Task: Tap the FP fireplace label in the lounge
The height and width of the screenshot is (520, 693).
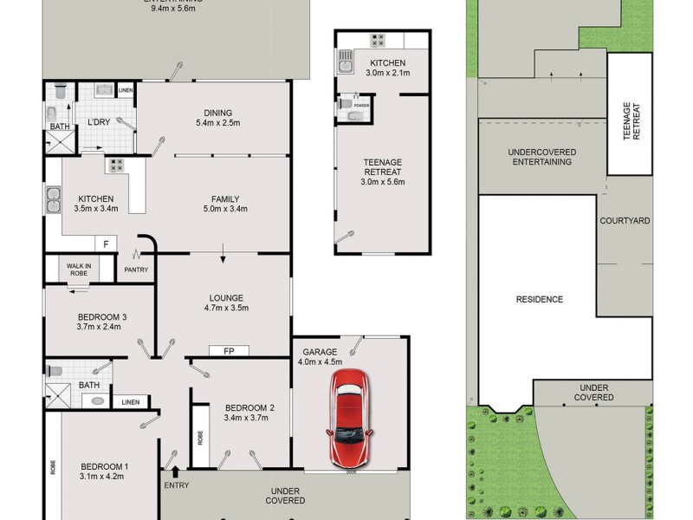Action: [229, 351]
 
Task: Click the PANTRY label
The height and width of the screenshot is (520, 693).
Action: [136, 270]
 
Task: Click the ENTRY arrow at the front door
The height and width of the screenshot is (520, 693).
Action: [176, 471]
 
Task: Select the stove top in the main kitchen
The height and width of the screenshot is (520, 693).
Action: [113, 163]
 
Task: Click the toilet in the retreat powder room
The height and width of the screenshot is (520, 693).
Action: [346, 104]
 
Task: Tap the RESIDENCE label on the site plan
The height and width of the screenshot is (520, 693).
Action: [540, 299]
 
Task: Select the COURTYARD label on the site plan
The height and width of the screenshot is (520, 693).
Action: [625, 221]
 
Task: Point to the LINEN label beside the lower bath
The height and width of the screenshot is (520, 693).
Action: [130, 402]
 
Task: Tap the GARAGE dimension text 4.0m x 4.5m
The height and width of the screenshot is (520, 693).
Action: [321, 362]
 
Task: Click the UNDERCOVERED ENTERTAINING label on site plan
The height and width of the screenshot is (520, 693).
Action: [541, 156]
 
